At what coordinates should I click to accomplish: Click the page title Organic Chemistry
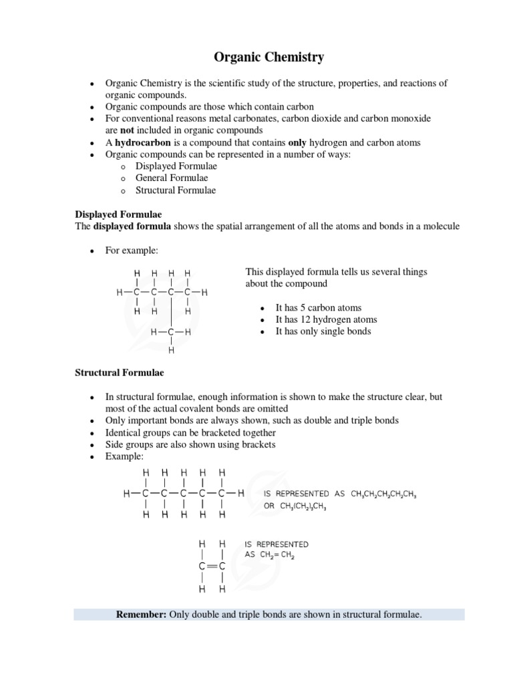coord(269,57)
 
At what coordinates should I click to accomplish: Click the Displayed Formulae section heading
coord(118,214)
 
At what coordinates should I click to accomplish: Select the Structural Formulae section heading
coord(119,372)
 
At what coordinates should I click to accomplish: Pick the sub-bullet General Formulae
coord(172,178)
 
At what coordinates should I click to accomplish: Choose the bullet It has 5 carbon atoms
coord(318,308)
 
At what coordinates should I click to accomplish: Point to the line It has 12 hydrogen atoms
coord(326,320)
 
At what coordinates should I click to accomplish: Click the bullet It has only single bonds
coord(323,331)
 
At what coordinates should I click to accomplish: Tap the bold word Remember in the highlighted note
coord(141,614)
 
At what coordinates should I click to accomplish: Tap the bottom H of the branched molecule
coord(172,350)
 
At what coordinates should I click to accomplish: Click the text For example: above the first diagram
coord(132,250)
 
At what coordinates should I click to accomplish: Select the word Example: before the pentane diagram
coord(124,456)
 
